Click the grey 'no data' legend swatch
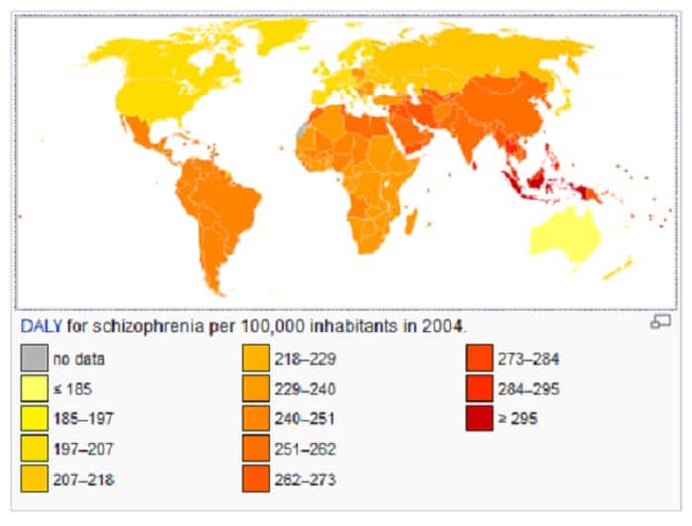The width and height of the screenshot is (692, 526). [33, 360]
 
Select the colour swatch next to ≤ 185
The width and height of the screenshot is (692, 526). [33, 390]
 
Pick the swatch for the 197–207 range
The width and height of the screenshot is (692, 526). [33, 449]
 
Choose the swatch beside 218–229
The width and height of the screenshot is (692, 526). [254, 360]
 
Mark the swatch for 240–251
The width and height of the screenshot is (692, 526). [254, 419]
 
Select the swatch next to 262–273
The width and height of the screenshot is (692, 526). [254, 479]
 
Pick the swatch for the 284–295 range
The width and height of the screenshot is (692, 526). [479, 390]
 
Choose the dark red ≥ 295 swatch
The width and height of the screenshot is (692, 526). [479, 419]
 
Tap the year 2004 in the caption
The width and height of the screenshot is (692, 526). [443, 324]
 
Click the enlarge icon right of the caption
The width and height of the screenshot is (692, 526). [659, 322]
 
